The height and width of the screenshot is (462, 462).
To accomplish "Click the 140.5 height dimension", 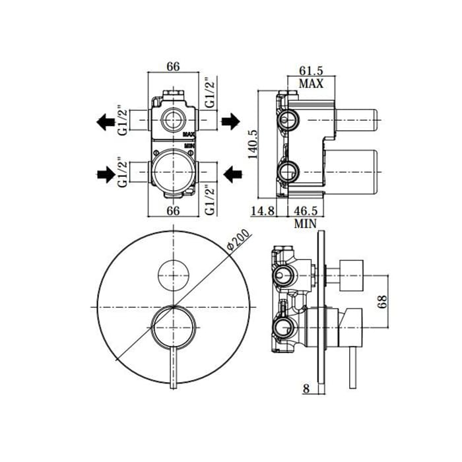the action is [x=253, y=144].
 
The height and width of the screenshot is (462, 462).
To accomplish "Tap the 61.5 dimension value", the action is [x=311, y=71].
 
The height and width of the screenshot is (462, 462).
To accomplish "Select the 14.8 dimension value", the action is [x=263, y=211].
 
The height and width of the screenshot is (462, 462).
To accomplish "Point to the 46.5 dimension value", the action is [x=306, y=211].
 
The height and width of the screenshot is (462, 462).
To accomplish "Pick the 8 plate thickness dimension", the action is [x=306, y=389].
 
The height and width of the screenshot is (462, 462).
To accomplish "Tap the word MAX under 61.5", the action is [x=311, y=83].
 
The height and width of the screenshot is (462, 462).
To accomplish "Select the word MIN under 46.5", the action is [x=305, y=224].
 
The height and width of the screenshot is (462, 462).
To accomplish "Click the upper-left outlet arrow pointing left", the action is [x=106, y=121].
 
